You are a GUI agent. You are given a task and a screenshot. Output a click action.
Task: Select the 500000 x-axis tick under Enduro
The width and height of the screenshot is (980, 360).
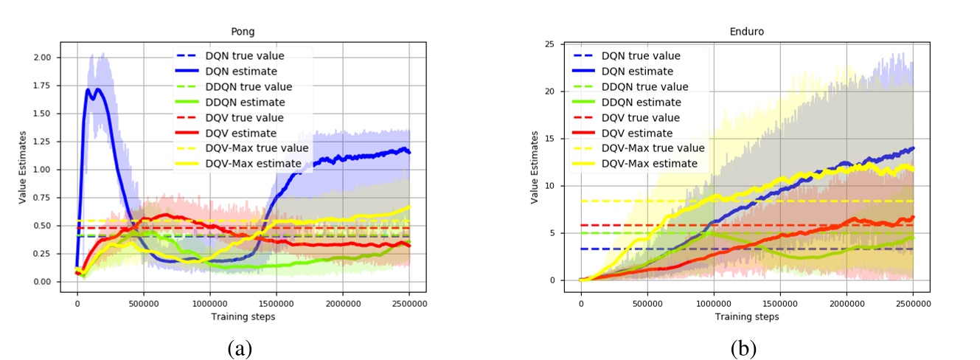tap(647, 302)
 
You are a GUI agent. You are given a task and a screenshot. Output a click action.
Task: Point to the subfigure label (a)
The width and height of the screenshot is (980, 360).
tap(241, 347)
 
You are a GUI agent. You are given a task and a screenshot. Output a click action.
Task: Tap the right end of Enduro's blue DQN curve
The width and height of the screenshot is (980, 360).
tap(914, 148)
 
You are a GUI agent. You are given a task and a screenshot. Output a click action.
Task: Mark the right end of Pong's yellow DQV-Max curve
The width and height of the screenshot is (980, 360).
tap(409, 207)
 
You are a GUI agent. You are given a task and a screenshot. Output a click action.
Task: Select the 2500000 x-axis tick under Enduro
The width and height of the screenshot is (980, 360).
tap(913, 302)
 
